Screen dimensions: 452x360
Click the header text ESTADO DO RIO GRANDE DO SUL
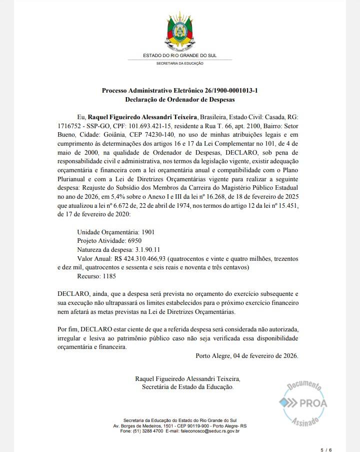179,55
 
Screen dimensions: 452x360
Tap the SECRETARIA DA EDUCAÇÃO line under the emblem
180,64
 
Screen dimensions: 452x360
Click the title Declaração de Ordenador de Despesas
180,100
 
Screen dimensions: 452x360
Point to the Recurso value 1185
113,276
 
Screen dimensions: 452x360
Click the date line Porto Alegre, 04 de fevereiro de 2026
247,356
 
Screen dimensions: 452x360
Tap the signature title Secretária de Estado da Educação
187,387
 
